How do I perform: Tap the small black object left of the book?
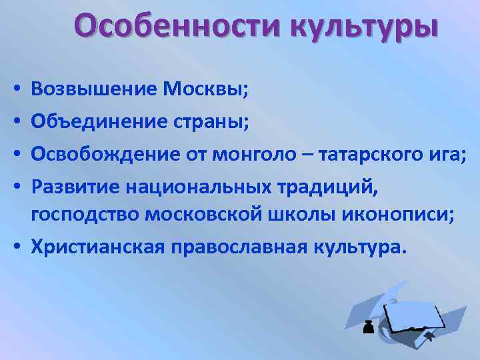[367, 327]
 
